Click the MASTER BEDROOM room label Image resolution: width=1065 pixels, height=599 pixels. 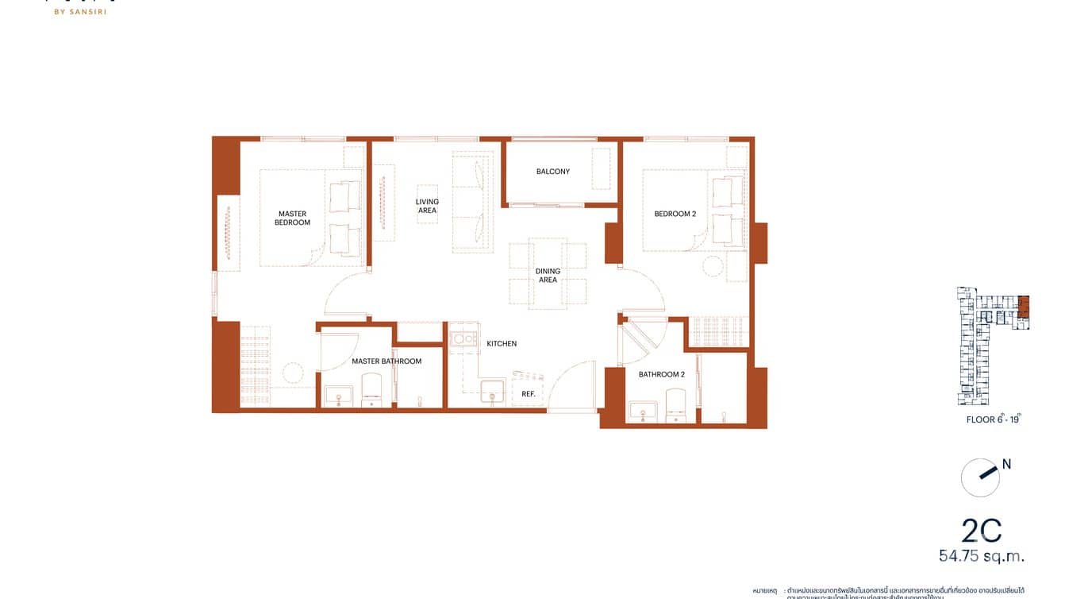[292, 218]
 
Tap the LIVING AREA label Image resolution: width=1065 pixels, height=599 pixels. [427, 206]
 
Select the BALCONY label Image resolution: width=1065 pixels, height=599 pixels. [552, 172]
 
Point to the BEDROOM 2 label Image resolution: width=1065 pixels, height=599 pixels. [675, 214]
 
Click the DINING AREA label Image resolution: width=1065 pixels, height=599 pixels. [548, 276]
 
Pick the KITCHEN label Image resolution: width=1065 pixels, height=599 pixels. [502, 344]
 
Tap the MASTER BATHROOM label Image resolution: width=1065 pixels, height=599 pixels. [386, 361]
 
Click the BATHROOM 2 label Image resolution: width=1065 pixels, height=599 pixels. [661, 374]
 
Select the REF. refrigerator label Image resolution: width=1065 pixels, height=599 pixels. [528, 394]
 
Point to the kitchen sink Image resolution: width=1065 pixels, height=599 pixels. [492, 392]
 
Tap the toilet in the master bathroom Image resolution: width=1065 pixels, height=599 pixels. [371, 390]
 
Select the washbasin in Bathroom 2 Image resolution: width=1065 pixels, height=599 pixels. [641, 411]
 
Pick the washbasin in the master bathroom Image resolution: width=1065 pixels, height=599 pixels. [338, 395]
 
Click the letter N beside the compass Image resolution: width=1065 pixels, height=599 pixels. [1006, 465]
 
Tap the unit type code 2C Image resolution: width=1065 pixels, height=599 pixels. [981, 530]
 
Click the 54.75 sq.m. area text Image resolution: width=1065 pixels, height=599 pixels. [982, 556]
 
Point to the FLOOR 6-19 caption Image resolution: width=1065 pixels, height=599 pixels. [994, 419]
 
